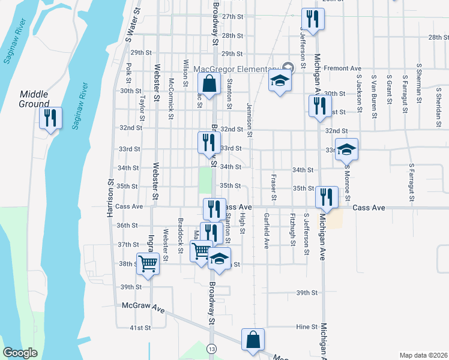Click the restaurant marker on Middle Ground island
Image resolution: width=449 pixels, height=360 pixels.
coord(50,118)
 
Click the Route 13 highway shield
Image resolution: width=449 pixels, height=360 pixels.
coord(212,349)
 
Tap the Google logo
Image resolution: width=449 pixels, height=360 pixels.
coord(20,353)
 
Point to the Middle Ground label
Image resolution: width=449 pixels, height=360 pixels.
coord(34,99)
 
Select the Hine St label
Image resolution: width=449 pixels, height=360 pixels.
coord(306,326)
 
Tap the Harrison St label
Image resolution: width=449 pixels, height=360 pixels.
coord(111,199)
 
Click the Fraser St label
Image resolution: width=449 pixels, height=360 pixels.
coord(274,188)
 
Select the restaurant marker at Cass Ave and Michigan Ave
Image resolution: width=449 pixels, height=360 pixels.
coord(327,196)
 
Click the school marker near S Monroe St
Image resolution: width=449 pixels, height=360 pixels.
coord(346,149)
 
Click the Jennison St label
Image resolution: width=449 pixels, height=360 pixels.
coord(249,118)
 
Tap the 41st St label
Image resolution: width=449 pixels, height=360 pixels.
coord(140,328)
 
